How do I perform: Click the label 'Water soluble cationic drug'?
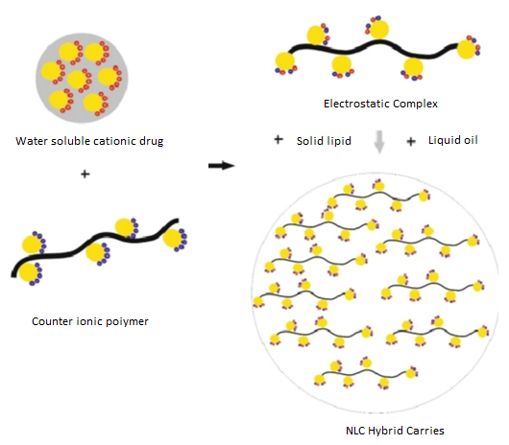pyautogui.click(x=89, y=141)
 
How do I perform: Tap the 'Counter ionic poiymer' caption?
pyautogui.click(x=90, y=321)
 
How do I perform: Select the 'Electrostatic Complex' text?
pyautogui.click(x=380, y=104)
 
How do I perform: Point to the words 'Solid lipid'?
pyautogui.click(x=324, y=141)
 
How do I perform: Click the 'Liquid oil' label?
pyautogui.click(x=453, y=140)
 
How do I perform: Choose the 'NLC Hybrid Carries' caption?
pyautogui.click(x=395, y=431)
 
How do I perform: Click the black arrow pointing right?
pyautogui.click(x=222, y=166)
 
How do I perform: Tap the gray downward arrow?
pyautogui.click(x=379, y=142)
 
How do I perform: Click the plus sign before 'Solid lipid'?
pyautogui.click(x=279, y=140)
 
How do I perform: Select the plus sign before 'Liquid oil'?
pyautogui.click(x=411, y=142)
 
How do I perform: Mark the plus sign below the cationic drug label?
pyautogui.click(x=85, y=174)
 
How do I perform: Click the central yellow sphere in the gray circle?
pyautogui.click(x=77, y=80)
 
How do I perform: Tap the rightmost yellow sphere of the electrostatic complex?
pyautogui.click(x=467, y=49)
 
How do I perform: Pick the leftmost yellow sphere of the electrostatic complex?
pyautogui.click(x=284, y=61)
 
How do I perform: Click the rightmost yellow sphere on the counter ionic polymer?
pyautogui.click(x=172, y=238)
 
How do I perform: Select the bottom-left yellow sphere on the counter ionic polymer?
pyautogui.click(x=29, y=272)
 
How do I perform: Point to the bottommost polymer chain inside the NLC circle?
pyautogui.click(x=366, y=374)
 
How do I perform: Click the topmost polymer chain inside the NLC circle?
pyautogui.click(x=378, y=196)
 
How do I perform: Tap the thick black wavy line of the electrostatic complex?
pyautogui.click(x=374, y=49)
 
